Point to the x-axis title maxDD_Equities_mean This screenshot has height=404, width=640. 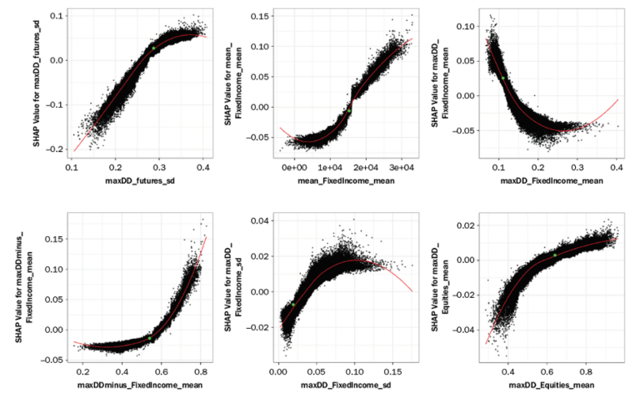point(554,385)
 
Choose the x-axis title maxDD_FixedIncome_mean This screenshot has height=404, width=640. point(554,181)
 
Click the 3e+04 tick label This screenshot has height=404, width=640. point(402,168)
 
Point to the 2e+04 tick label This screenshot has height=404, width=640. point(367,168)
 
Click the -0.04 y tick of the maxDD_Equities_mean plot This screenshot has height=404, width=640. point(467,330)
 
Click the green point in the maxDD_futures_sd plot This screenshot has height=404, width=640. point(153,49)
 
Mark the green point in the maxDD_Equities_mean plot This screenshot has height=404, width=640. point(555,255)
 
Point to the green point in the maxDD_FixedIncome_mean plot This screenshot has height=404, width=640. point(503,78)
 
